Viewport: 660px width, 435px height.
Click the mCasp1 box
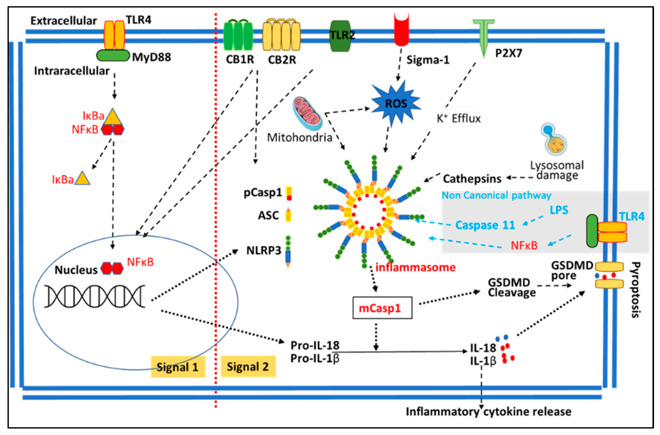click(382, 308)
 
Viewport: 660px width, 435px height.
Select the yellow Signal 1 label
click(178, 367)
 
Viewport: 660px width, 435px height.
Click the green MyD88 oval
click(113, 55)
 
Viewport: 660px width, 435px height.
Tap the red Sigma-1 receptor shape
click(401, 31)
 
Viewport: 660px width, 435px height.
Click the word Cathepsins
click(472, 179)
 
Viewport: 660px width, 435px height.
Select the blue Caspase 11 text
click(485, 225)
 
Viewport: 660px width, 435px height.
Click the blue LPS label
click(559, 210)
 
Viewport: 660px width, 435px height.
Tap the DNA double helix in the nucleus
click(95, 297)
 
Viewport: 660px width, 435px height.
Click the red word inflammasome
click(415, 267)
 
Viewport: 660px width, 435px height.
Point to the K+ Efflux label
click(459, 119)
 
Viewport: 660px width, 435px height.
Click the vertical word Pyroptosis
click(635, 290)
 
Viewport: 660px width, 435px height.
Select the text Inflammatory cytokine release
click(488, 412)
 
